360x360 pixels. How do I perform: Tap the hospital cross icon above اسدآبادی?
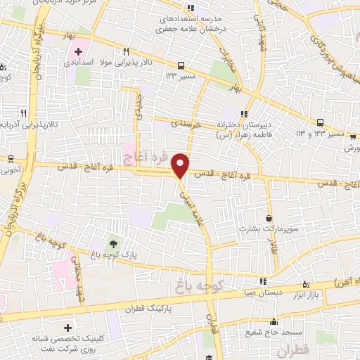78,51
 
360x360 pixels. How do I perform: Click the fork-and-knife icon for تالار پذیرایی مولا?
126,51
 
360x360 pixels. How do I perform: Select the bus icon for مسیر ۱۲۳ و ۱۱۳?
321,121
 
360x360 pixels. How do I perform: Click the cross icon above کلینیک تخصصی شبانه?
67,328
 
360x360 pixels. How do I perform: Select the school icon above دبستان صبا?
263,282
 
